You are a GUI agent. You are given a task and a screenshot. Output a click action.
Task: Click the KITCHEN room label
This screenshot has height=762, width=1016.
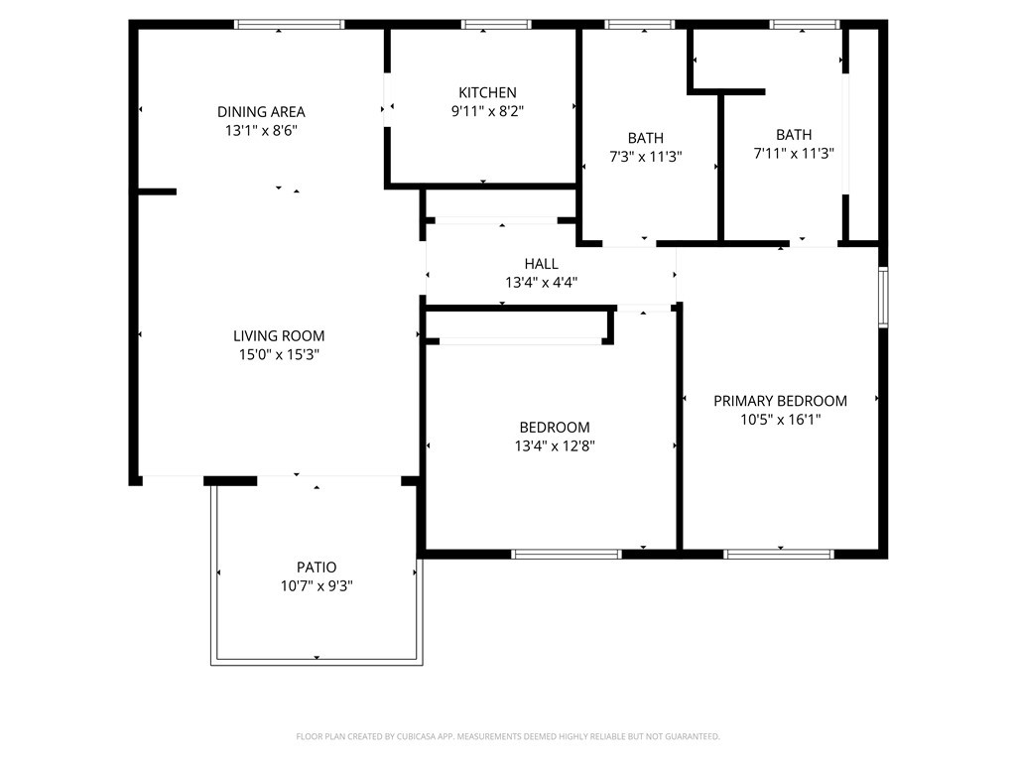tap(486, 92)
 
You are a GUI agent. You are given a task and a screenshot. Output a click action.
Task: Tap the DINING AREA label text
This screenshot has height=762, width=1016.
tap(261, 111)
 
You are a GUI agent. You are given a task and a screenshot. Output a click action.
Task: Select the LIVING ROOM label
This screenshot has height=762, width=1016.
tap(279, 335)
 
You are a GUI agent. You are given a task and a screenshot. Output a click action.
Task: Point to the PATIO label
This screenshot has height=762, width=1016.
tap(317, 568)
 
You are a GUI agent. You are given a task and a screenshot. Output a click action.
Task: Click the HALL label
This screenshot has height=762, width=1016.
tap(541, 263)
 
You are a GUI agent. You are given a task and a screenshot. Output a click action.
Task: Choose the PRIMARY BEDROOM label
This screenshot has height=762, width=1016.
tap(780, 401)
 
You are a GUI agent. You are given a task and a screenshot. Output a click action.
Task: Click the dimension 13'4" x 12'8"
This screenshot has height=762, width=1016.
tap(554, 445)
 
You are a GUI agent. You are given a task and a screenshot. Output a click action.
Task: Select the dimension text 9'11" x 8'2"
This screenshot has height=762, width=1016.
tap(486, 112)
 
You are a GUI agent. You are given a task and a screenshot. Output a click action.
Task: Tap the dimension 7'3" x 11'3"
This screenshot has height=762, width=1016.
tap(645, 157)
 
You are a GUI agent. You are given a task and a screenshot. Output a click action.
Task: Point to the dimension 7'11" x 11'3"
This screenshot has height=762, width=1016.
tap(793, 154)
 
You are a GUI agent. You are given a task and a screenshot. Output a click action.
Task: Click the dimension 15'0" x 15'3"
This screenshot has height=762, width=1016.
tap(279, 354)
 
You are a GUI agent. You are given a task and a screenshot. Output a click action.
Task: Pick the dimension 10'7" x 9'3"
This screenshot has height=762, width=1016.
tap(317, 586)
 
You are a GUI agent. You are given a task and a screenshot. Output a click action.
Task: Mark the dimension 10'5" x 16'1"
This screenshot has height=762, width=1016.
tap(780, 420)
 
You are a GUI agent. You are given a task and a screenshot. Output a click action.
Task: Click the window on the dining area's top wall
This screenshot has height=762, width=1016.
tap(289, 24)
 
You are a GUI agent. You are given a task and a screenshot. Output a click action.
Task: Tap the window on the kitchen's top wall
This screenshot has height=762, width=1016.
tap(496, 24)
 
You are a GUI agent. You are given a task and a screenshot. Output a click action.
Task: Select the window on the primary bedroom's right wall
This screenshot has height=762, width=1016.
tap(882, 297)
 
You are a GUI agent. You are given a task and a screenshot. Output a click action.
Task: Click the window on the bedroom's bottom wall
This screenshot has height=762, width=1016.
tap(567, 554)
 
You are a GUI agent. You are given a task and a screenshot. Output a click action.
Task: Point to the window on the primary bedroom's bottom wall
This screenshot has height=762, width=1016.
tap(779, 554)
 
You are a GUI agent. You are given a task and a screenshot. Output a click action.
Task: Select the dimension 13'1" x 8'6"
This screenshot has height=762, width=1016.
tap(261, 130)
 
